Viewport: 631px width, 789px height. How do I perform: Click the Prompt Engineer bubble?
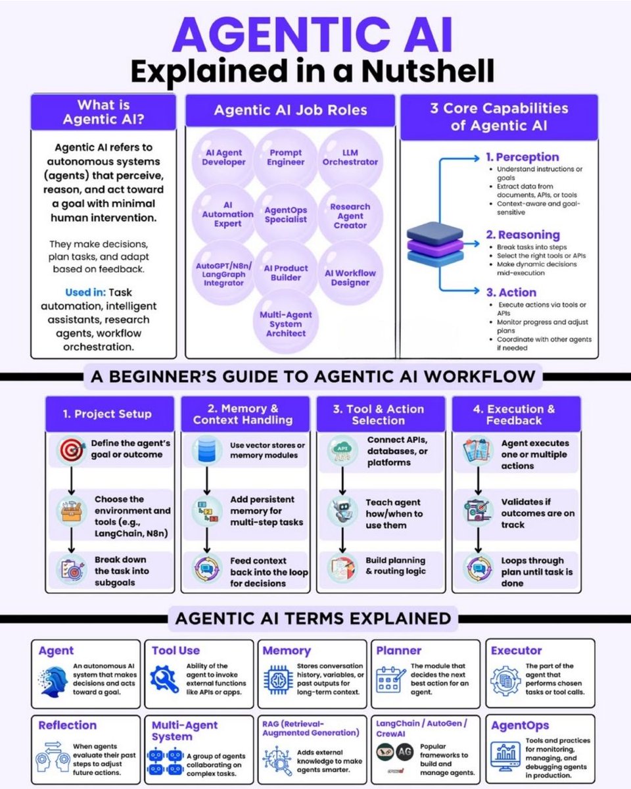point(286,157)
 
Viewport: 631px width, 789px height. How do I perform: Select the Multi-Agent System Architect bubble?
point(286,324)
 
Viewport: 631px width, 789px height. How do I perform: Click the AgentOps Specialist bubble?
point(286,214)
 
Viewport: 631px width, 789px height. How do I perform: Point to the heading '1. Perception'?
point(522,157)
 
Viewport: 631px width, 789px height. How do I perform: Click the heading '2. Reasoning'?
point(522,235)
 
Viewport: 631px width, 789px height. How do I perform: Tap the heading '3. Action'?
point(511,293)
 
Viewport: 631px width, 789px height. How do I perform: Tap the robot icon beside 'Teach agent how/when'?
point(341,510)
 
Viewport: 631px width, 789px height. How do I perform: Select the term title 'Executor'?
point(516,650)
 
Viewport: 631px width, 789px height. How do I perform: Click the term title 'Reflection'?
point(67,725)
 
